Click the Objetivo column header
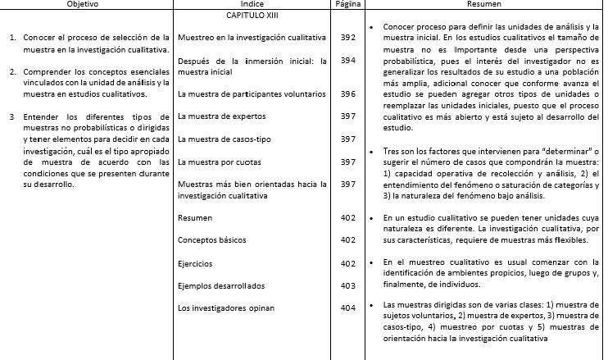[x=86, y=5]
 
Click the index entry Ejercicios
[x=195, y=264]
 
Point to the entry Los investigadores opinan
[x=225, y=308]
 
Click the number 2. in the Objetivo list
[x=13, y=72]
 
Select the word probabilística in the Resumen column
[x=409, y=62]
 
